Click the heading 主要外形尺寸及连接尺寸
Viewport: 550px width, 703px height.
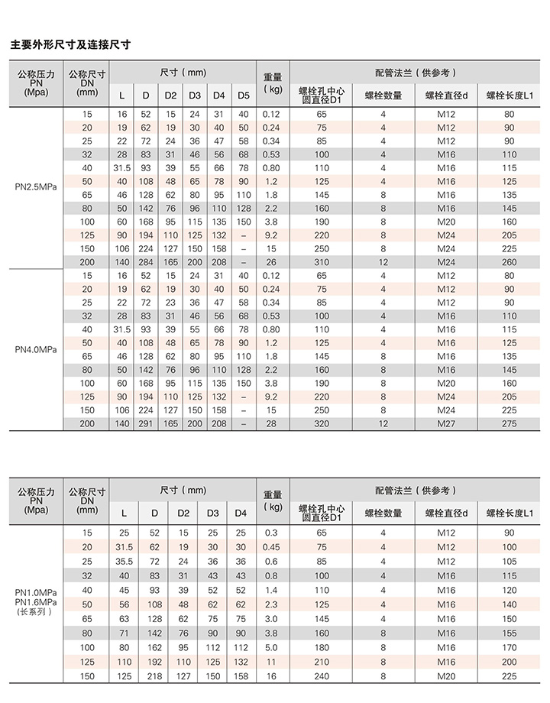click(70, 45)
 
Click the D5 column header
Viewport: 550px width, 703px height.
click(243, 96)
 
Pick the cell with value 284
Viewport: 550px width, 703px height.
click(146, 261)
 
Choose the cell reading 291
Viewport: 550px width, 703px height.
click(146, 423)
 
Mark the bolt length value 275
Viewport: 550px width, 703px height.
click(510, 423)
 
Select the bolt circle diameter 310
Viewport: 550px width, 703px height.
click(322, 261)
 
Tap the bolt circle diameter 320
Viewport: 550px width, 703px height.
click(322, 423)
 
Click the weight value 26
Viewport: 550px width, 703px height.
click(271, 261)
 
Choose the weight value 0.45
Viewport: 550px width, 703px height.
click(271, 547)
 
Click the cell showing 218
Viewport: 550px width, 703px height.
click(154, 676)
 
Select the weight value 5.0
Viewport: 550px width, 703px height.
click(271, 647)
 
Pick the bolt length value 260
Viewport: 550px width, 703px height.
click(510, 261)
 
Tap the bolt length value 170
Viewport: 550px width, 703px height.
click(510, 647)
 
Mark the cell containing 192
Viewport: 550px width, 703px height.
click(154, 662)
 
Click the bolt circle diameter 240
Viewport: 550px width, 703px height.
click(322, 676)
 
